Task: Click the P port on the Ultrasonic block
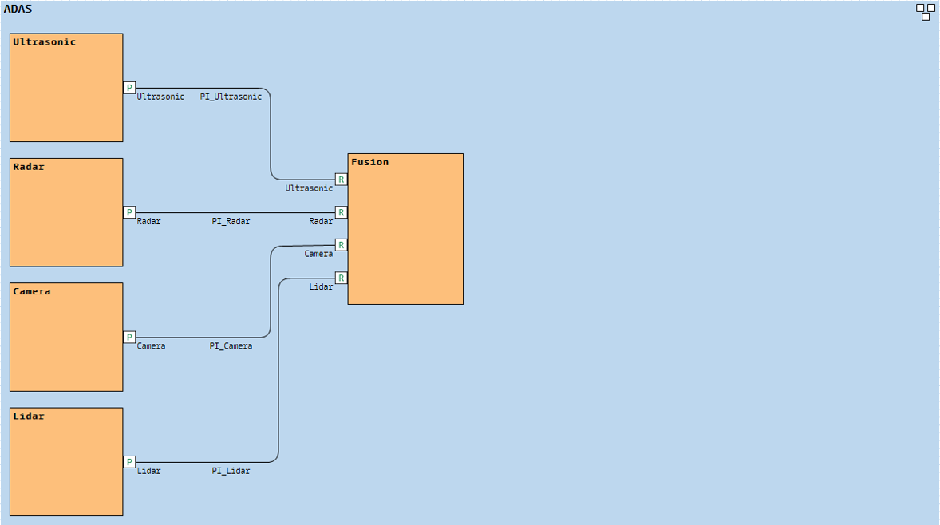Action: coord(129,88)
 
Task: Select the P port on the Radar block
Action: coord(129,212)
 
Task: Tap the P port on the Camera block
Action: coord(129,337)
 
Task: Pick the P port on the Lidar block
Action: coord(129,462)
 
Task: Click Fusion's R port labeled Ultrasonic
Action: coord(342,180)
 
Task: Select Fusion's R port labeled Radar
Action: coord(342,212)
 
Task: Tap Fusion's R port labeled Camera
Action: coord(342,245)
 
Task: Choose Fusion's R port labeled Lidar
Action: coord(342,278)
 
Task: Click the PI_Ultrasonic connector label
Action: coord(231,97)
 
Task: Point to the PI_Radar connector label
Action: coord(231,221)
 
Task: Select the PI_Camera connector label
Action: coord(231,346)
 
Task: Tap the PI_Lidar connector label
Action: coord(231,471)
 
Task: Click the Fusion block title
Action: coord(370,162)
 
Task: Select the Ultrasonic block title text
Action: coord(45,42)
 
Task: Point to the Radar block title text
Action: coord(29,167)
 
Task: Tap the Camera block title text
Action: coord(32,292)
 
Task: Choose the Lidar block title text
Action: coord(29,416)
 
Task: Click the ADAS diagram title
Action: coord(18,10)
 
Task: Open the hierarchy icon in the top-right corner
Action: coord(926,12)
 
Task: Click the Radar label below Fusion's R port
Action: coord(321,221)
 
